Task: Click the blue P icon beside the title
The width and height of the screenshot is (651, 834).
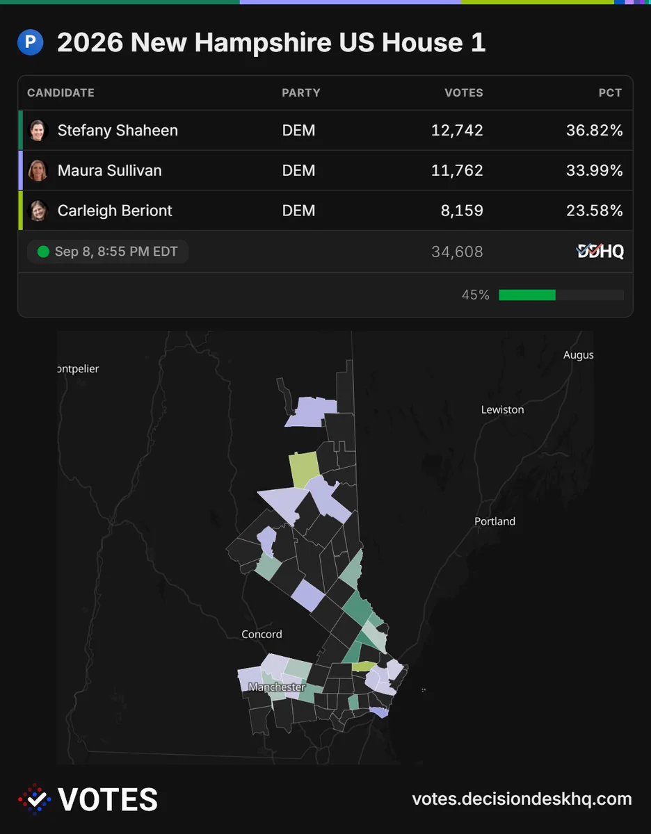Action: pos(31,42)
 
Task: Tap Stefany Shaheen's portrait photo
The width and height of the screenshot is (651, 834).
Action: pos(38,130)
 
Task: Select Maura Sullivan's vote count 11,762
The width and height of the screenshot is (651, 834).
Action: pos(457,170)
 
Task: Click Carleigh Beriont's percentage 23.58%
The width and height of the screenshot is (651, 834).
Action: pos(594,211)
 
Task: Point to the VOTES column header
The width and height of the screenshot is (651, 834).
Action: pos(464,92)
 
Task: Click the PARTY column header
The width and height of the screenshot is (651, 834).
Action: pos(300,92)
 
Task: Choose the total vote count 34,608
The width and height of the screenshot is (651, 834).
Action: pos(457,252)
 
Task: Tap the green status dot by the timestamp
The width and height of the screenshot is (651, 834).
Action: pos(43,252)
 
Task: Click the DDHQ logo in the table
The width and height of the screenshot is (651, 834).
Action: pos(600,252)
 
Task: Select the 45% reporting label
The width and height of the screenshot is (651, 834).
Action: pos(476,295)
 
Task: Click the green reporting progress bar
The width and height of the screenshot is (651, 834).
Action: pos(527,295)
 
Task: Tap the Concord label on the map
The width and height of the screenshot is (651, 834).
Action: pos(262,634)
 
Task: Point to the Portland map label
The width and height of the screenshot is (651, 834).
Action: pos(495,521)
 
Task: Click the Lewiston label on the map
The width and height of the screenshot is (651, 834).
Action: pos(502,409)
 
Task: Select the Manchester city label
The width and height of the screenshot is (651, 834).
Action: pos(277,687)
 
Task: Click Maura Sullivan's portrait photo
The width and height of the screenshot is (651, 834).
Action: pos(38,170)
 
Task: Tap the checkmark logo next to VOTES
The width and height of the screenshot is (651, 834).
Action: pos(35,799)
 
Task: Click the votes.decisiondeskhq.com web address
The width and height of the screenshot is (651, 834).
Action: pos(522,799)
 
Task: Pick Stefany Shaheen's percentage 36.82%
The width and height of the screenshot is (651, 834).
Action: pos(594,130)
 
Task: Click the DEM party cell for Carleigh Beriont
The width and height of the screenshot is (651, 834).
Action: pos(298,211)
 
